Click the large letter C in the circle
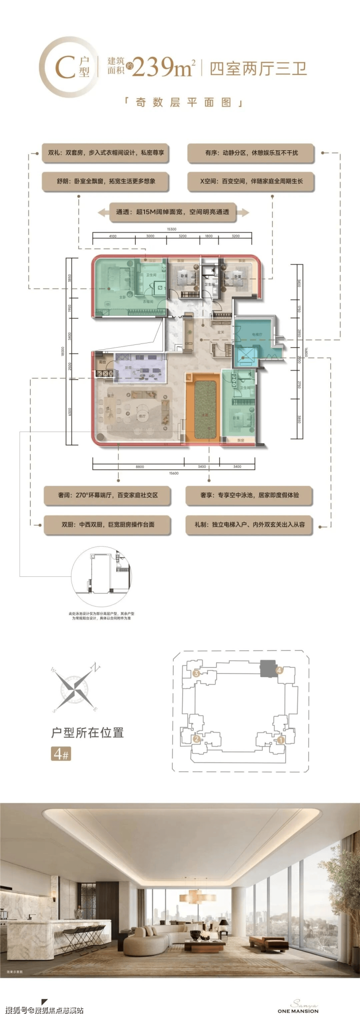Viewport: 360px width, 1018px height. coord(65,67)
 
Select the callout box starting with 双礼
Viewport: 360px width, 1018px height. coord(106,153)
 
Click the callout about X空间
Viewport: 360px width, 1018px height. coord(251,181)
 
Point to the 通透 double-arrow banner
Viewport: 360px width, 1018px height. coord(173,212)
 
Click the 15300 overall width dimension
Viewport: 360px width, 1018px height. coord(171,229)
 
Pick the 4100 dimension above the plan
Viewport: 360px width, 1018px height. coord(112,236)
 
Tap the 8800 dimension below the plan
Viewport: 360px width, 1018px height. coord(140,467)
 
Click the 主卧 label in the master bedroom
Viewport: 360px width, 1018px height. coord(123,297)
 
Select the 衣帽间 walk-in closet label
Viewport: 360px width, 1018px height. coord(148,302)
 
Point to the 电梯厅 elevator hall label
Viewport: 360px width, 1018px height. coord(257,335)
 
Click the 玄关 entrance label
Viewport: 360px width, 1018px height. coord(220,332)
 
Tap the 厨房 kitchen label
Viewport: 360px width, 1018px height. coord(128,368)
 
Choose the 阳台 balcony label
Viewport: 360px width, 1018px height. coord(103,362)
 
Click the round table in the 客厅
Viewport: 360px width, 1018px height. coord(142,409)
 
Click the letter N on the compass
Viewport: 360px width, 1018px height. coord(96,667)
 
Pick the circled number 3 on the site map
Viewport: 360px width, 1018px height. coord(196,674)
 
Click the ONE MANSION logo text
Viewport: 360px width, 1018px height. coord(298,1011)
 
